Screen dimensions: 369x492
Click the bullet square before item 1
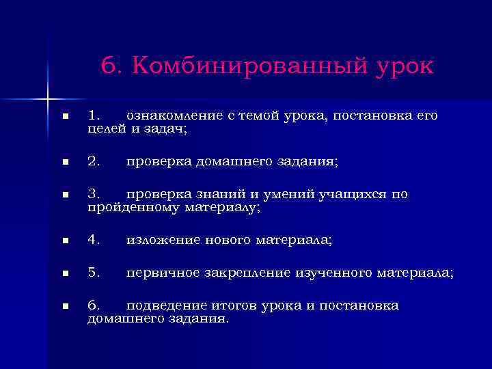click(x=65, y=117)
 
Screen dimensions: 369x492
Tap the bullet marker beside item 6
click(x=65, y=306)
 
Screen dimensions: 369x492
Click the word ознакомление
click(x=178, y=116)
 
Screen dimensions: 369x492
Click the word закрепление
click(x=248, y=273)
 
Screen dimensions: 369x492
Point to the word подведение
click(x=165, y=305)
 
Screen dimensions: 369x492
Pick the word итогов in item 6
click(x=232, y=305)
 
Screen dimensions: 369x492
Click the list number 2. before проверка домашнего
click(x=94, y=161)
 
